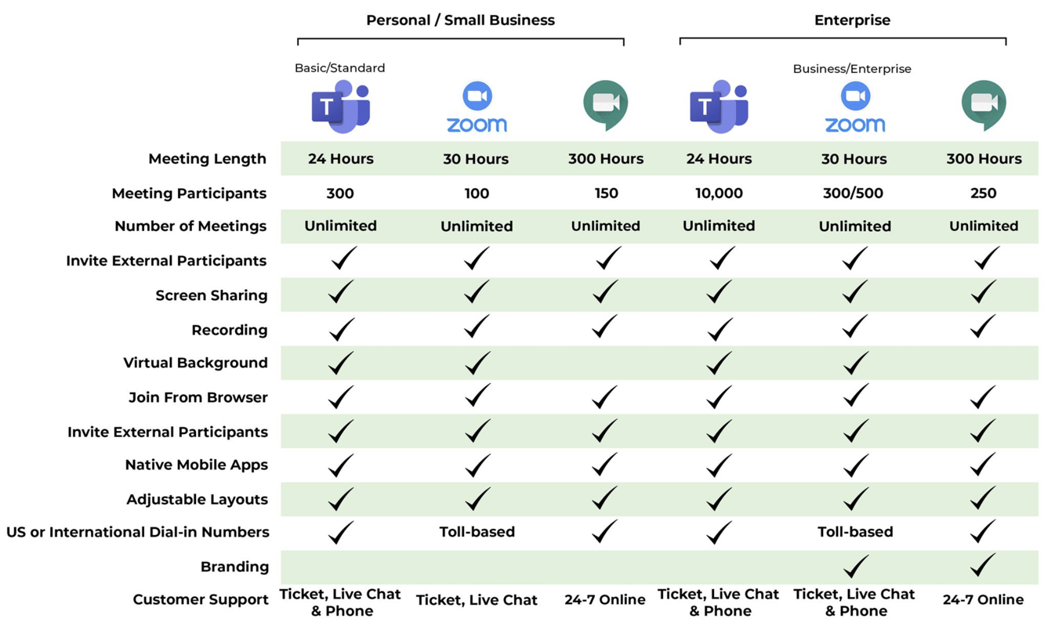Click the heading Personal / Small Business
(460, 20)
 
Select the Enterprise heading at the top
(852, 20)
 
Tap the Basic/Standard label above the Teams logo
(339, 68)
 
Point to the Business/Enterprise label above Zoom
(852, 69)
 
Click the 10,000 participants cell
(719, 194)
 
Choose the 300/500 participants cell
(854, 194)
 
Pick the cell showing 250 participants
(983, 194)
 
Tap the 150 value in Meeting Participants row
(606, 194)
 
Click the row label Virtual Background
(195, 364)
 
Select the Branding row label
(234, 567)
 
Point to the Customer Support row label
(201, 600)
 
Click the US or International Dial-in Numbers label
(138, 533)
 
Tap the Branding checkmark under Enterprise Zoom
(854, 566)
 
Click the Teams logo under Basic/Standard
(341, 107)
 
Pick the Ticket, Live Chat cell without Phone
(477, 601)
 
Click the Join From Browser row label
(198, 398)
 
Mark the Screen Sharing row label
(212, 296)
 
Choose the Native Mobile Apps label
(197, 465)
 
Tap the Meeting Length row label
(208, 159)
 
